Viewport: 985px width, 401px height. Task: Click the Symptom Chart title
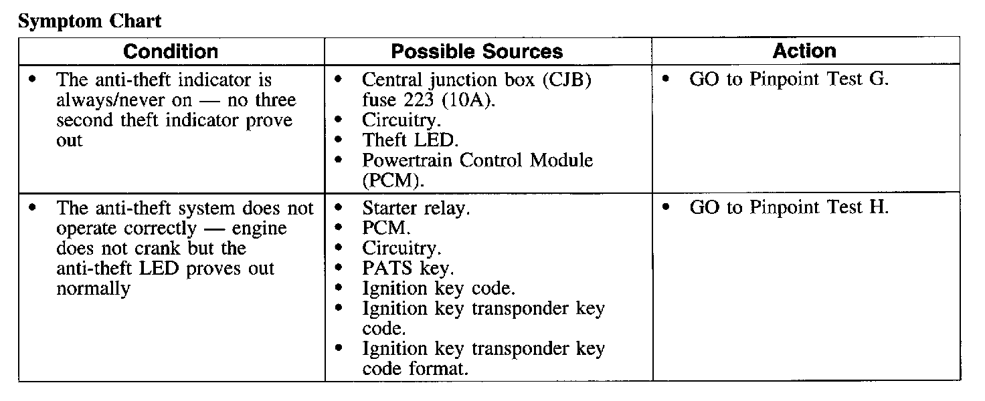click(90, 21)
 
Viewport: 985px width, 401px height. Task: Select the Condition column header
click(171, 51)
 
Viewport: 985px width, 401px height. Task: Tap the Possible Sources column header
click(476, 51)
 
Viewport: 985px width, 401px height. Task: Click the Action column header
click(804, 51)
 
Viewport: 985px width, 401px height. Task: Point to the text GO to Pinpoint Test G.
click(789, 79)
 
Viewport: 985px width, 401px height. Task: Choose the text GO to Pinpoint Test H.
click(789, 207)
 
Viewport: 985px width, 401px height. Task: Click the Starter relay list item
click(416, 208)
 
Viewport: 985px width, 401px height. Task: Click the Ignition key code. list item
click(438, 289)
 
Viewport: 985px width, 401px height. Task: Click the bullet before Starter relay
click(339, 208)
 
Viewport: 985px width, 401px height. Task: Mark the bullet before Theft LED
click(339, 140)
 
